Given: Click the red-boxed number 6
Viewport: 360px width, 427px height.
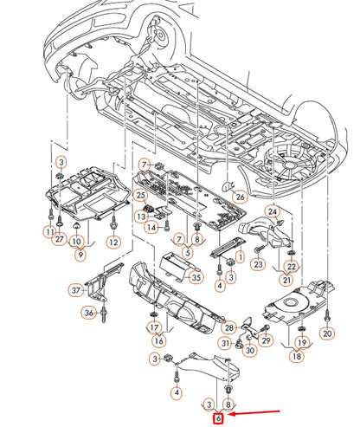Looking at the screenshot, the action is pos(218,417).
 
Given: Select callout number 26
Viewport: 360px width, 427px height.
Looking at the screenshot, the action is pos(240,197).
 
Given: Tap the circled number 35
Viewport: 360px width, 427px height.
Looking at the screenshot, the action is pos(196,277).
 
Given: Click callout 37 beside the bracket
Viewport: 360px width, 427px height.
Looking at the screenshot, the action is pos(75,290).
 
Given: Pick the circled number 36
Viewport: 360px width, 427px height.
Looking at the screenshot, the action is pos(89,313).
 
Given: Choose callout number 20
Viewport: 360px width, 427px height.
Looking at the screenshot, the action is pos(327,333).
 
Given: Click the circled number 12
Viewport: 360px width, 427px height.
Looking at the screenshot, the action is pos(113,242).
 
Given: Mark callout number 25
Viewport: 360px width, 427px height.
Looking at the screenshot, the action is pos(140,196).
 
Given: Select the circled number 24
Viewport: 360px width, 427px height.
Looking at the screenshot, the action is pos(273,211).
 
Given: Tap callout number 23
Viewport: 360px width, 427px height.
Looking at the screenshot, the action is pos(258,264).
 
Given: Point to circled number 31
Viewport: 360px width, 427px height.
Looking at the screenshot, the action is pos(226,344).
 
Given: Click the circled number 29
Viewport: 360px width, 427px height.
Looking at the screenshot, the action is pos(266,340).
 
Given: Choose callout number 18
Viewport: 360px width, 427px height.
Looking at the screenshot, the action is pos(297,356).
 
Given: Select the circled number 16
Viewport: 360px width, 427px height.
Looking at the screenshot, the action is pos(159,341).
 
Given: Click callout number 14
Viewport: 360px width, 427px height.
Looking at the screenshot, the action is pos(151,228).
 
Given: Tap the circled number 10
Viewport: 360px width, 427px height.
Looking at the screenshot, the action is pos(76,242).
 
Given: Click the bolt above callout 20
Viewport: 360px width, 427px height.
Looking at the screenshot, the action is pos(327,316).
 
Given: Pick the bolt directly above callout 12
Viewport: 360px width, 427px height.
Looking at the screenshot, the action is pos(113,223).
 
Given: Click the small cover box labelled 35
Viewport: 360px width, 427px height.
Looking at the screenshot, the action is pos(177,266).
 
